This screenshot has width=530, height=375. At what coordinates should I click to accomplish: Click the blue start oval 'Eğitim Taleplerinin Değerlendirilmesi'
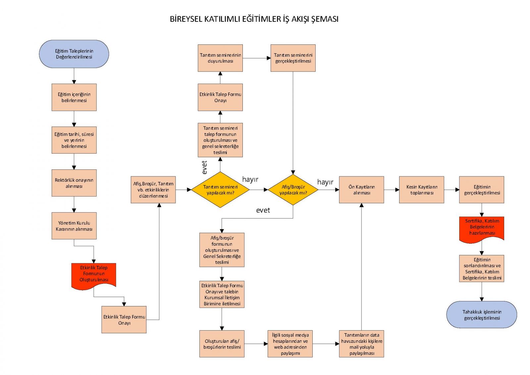click(x=74, y=54)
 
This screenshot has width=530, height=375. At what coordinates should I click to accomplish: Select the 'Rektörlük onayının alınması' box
click(x=74, y=183)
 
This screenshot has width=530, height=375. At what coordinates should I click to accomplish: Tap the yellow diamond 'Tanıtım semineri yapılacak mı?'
click(x=220, y=190)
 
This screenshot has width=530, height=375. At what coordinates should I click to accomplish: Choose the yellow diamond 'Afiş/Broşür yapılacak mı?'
click(x=293, y=190)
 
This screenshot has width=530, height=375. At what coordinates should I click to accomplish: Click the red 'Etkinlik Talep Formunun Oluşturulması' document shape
click(x=94, y=275)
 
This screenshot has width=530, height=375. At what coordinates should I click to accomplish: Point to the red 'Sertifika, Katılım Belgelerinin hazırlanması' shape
click(x=482, y=228)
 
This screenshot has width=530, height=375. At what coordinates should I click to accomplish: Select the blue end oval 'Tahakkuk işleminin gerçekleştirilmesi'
click(x=482, y=315)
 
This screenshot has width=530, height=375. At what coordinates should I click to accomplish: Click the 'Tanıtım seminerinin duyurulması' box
click(x=220, y=58)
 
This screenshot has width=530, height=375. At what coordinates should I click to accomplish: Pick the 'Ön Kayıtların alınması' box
click(x=361, y=190)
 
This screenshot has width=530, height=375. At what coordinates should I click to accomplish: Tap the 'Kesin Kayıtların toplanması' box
click(x=421, y=190)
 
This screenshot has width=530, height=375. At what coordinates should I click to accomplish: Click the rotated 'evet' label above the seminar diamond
click(x=204, y=167)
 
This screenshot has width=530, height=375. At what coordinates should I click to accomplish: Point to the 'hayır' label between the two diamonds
click(x=250, y=179)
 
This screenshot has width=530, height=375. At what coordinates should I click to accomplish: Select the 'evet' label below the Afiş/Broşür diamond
click(x=263, y=210)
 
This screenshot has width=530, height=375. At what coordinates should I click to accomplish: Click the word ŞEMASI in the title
click(x=325, y=19)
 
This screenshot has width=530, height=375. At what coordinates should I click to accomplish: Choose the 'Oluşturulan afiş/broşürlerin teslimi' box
click(x=222, y=344)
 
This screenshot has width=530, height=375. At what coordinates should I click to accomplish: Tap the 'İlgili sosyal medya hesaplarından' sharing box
click(x=290, y=344)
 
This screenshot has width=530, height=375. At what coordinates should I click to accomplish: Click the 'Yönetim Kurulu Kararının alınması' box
click(x=74, y=226)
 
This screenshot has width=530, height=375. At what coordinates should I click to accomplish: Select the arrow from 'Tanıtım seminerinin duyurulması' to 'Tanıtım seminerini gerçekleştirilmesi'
click(x=257, y=58)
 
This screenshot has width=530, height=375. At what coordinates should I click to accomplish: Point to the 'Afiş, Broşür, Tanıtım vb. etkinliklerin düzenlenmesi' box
click(x=153, y=190)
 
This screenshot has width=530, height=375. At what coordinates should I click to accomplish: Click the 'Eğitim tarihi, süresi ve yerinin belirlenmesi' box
click(x=74, y=140)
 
